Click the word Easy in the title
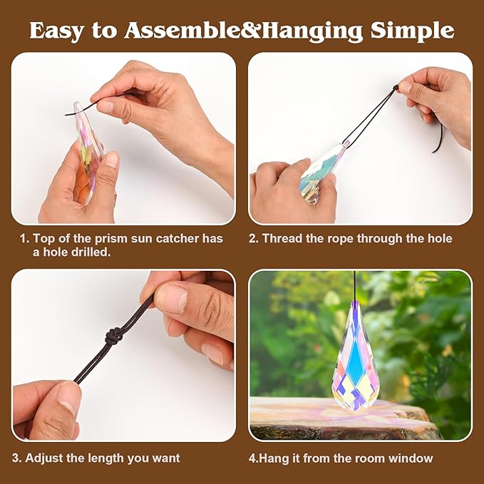(x=56, y=30)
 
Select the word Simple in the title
(x=413, y=31)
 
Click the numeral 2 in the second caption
(x=253, y=239)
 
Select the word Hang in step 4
(x=273, y=458)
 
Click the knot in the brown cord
(x=113, y=336)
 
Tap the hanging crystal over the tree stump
(x=355, y=357)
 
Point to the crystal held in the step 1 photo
(x=88, y=151)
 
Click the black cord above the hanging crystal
(x=355, y=287)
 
